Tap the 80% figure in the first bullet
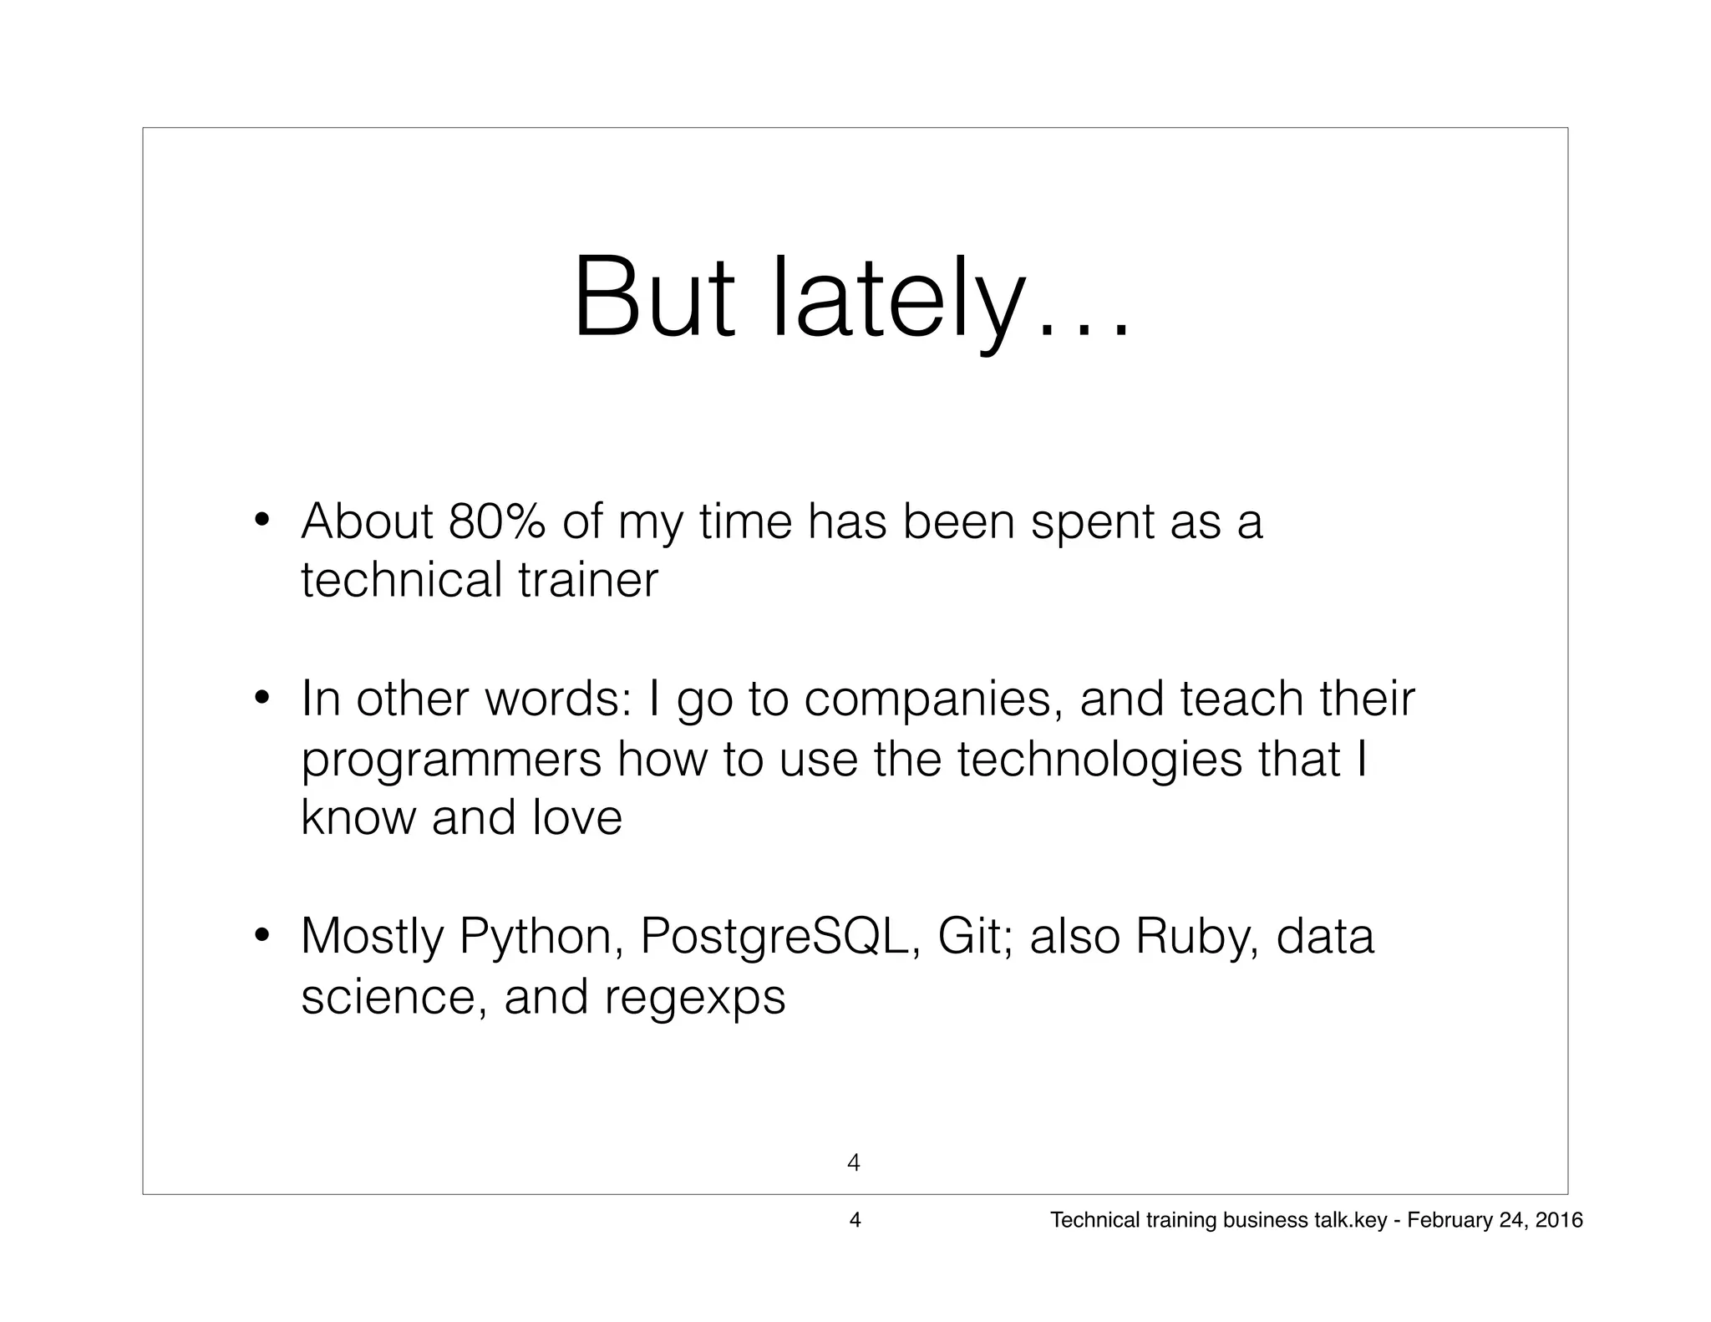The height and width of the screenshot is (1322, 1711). click(x=497, y=521)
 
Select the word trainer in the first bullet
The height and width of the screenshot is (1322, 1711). click(x=588, y=580)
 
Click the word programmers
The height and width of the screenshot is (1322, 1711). click(x=451, y=760)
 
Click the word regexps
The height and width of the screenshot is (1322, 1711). click(x=694, y=998)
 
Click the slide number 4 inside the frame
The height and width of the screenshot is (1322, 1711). click(x=854, y=1162)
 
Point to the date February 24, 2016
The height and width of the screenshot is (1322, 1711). click(x=1495, y=1220)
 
